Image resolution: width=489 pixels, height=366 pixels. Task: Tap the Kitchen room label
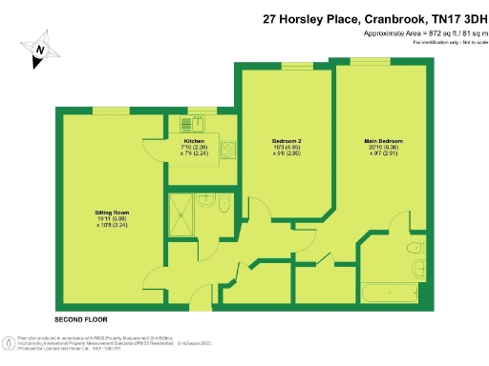pos(194,140)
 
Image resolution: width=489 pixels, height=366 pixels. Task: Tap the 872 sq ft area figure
pos(418,33)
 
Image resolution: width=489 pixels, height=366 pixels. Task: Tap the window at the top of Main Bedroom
pos(369,60)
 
